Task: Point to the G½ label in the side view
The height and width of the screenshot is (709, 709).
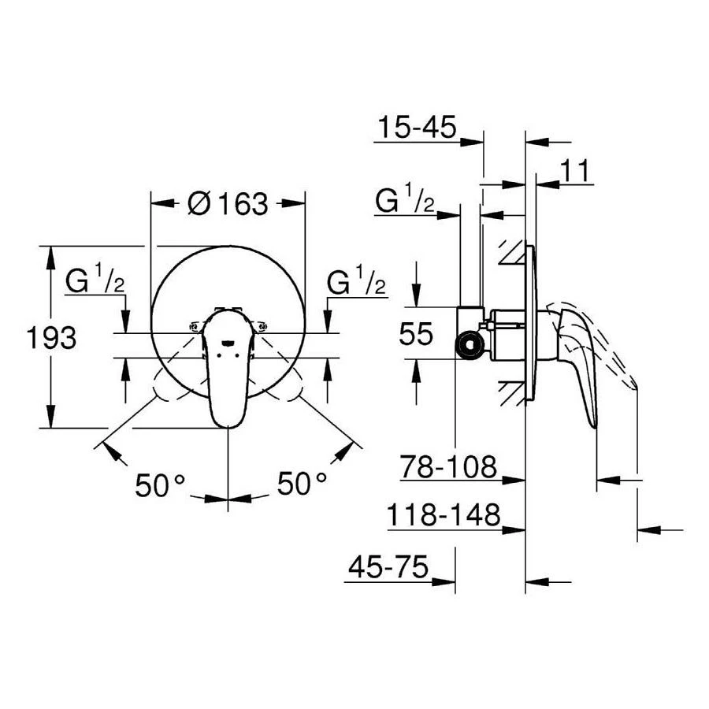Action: [x=405, y=202]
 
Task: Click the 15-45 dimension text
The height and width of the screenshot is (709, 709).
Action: [x=417, y=128]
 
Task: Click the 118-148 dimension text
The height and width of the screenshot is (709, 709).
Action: [x=444, y=515]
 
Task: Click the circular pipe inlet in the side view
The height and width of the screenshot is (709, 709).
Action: [x=470, y=345]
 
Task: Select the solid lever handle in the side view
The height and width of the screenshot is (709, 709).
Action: [x=578, y=362]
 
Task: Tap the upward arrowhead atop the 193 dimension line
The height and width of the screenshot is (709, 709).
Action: [x=50, y=253]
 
